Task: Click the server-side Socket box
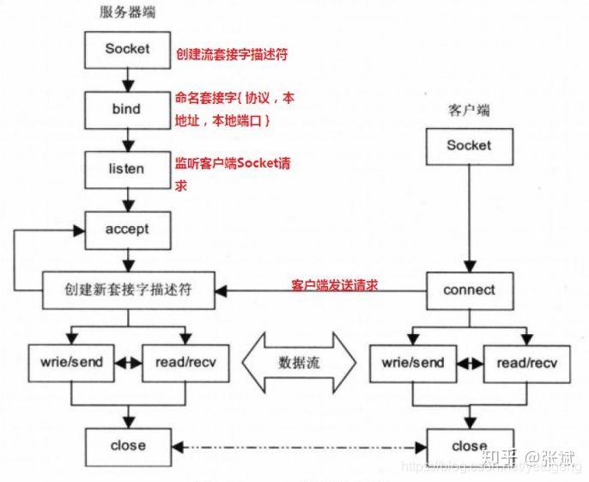click(127, 50)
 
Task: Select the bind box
click(127, 110)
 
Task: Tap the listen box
click(127, 169)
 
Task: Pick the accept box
click(127, 229)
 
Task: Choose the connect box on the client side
click(469, 290)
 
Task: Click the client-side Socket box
click(469, 146)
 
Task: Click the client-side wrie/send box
click(412, 363)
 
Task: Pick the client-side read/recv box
click(525, 363)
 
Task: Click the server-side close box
click(127, 445)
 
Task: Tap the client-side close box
click(469, 446)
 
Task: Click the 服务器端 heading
click(127, 13)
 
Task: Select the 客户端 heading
click(468, 111)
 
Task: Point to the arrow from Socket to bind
click(127, 79)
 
